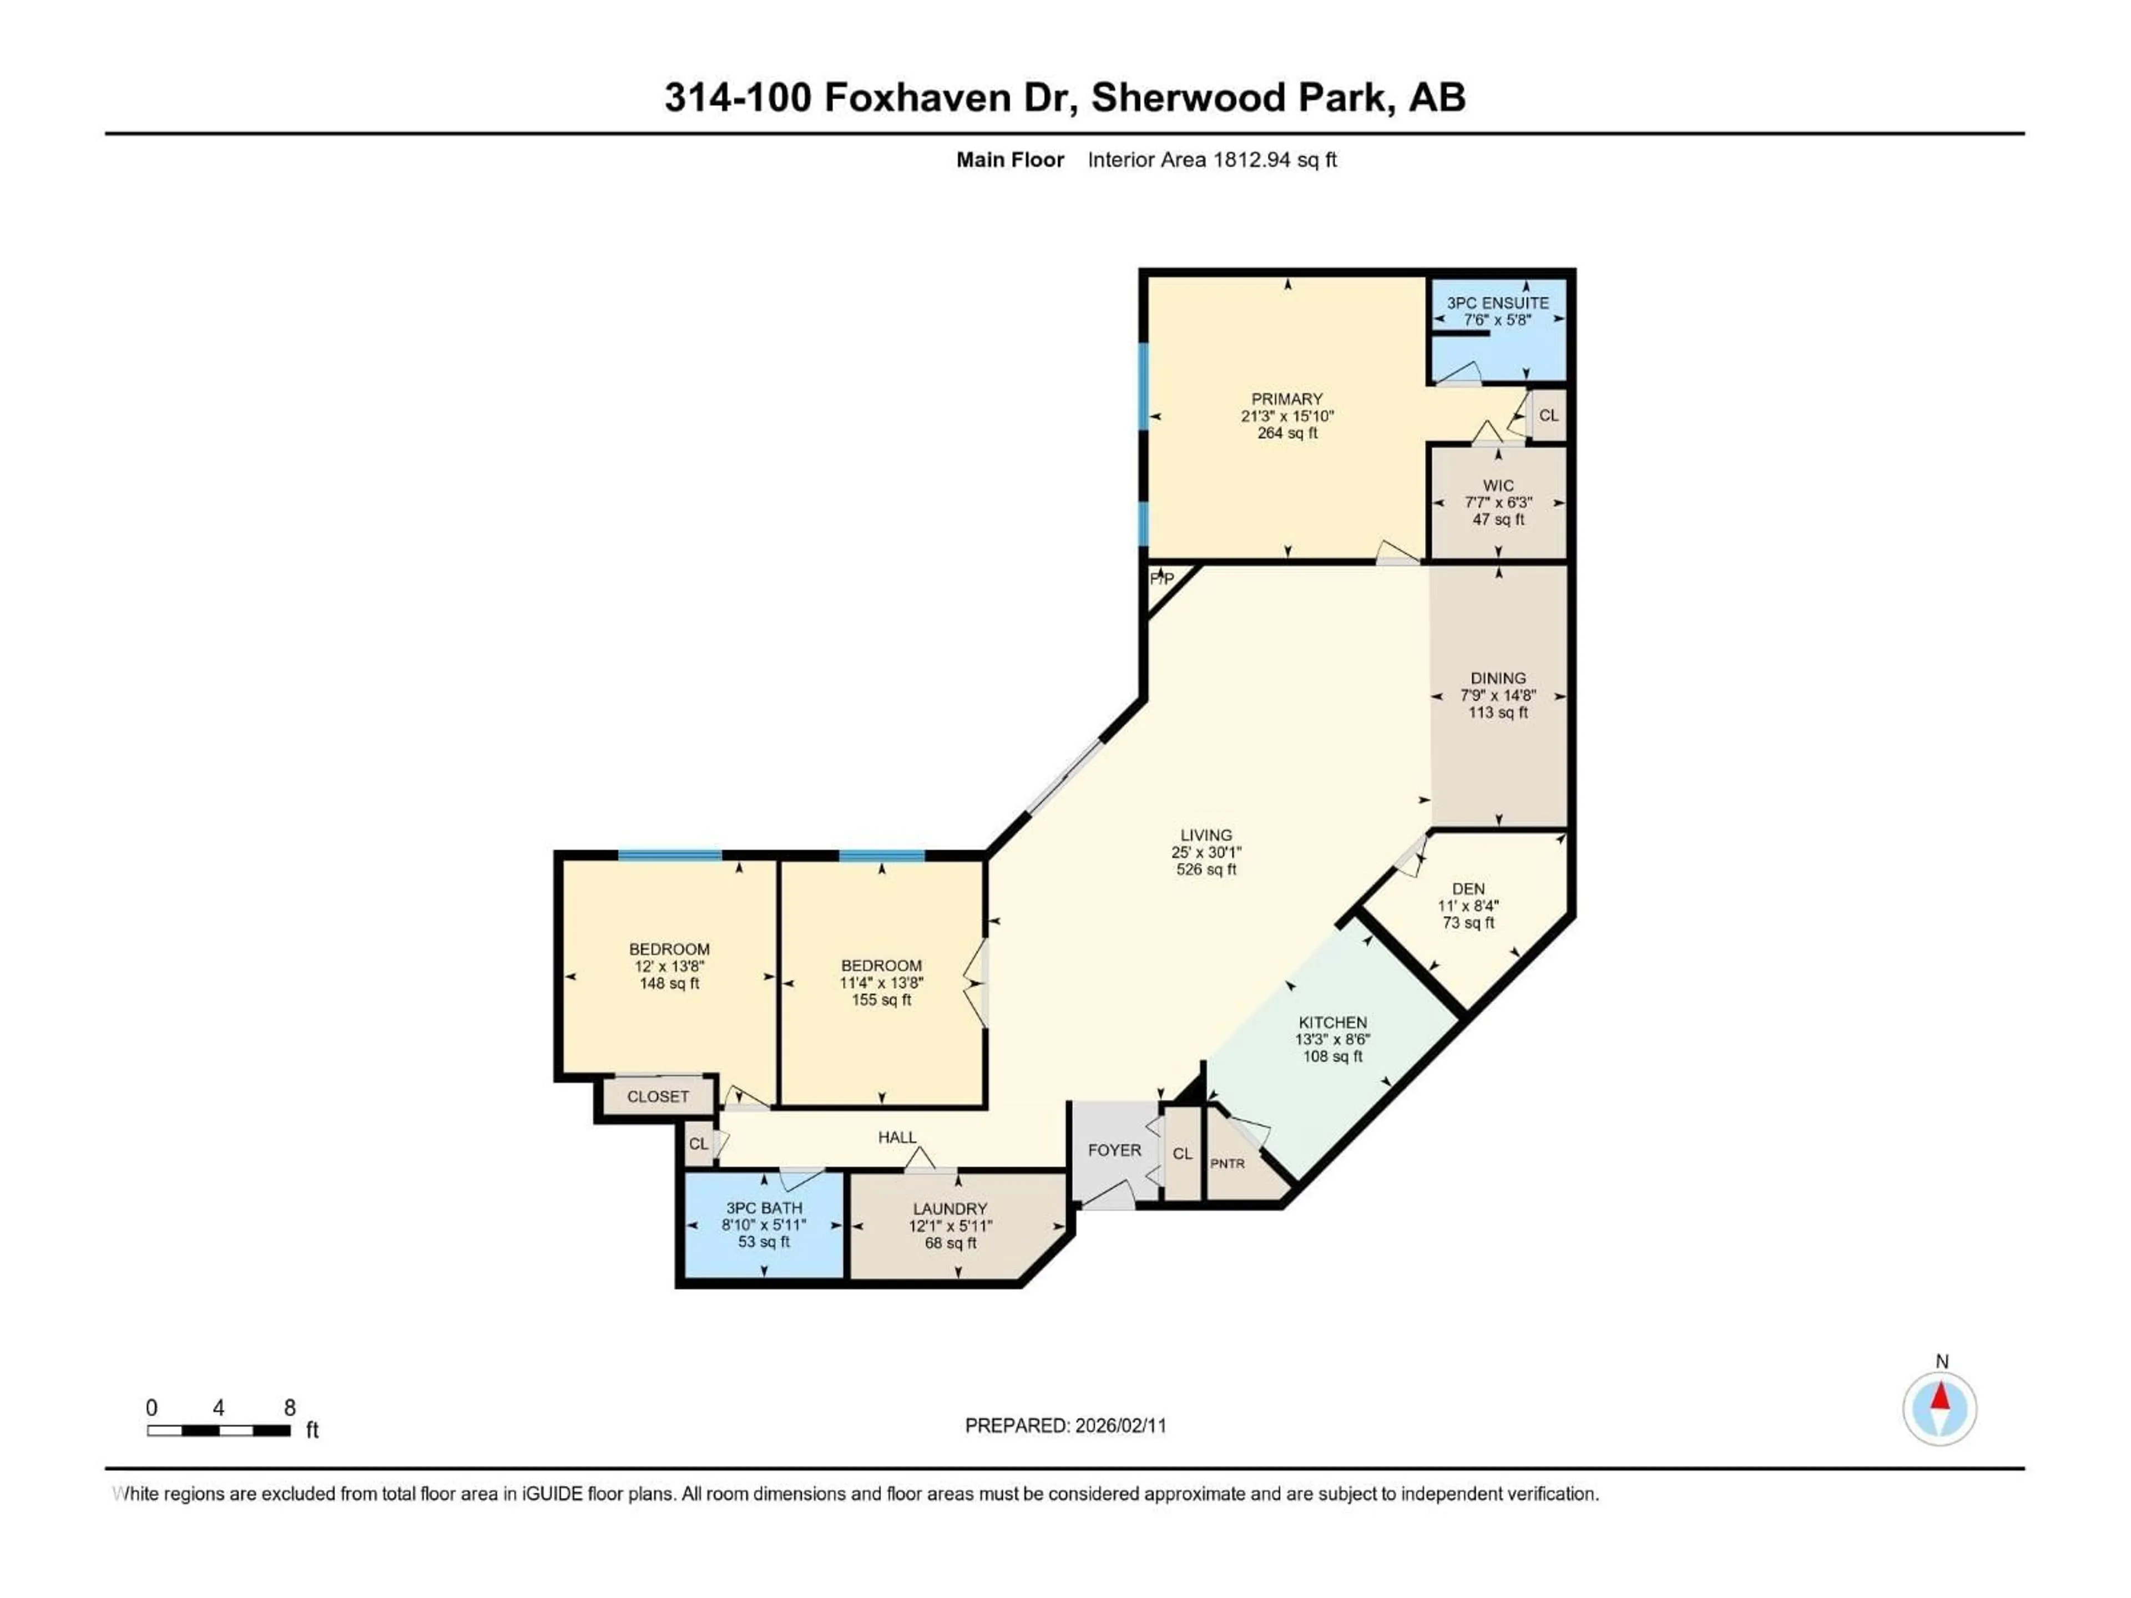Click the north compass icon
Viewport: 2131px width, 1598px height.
[x=1940, y=1408]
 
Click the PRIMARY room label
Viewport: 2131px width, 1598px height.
[x=1286, y=399]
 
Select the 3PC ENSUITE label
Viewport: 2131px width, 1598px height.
[x=1497, y=302]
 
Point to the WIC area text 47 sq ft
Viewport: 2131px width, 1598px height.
[x=1497, y=519]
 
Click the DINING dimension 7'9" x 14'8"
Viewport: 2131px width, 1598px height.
[x=1497, y=695]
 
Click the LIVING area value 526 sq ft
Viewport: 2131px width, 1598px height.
[x=1205, y=869]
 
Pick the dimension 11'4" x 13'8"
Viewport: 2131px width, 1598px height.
[x=881, y=983]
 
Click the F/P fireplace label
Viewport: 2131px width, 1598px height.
[x=1162, y=579]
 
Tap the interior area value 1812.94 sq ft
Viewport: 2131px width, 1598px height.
[x=1274, y=160]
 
